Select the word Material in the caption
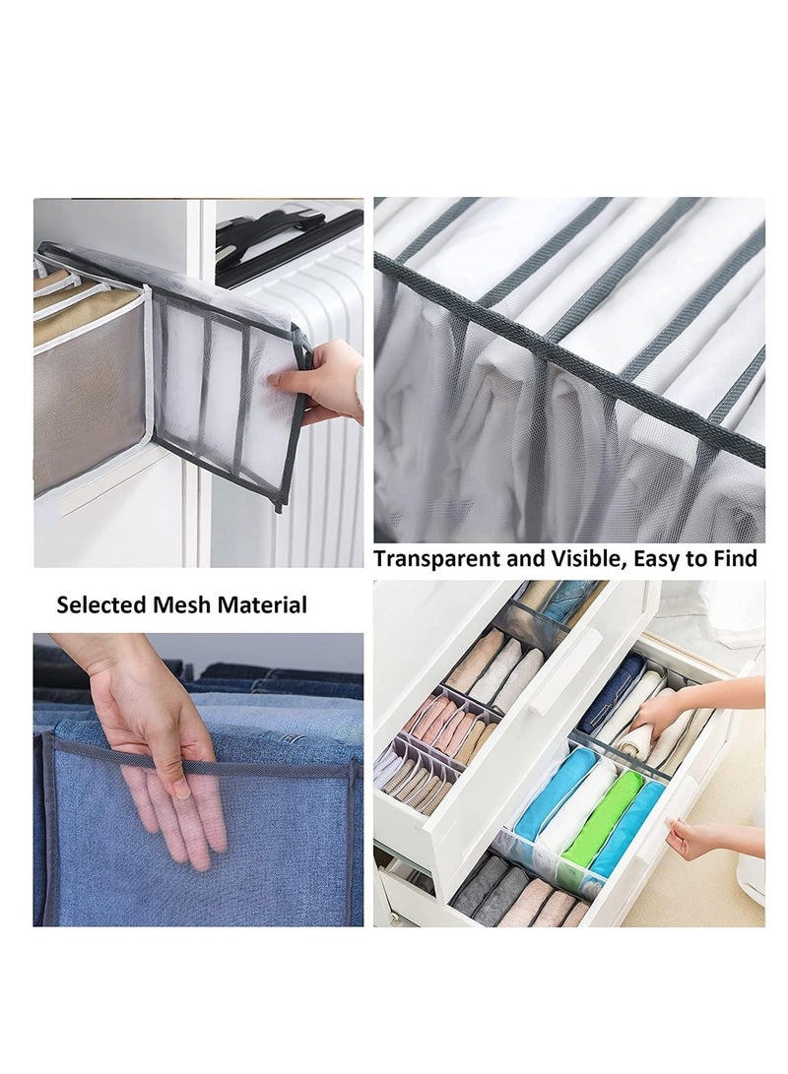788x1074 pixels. (260, 604)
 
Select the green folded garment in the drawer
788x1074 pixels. (603, 817)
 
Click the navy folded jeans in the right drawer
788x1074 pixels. (611, 694)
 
